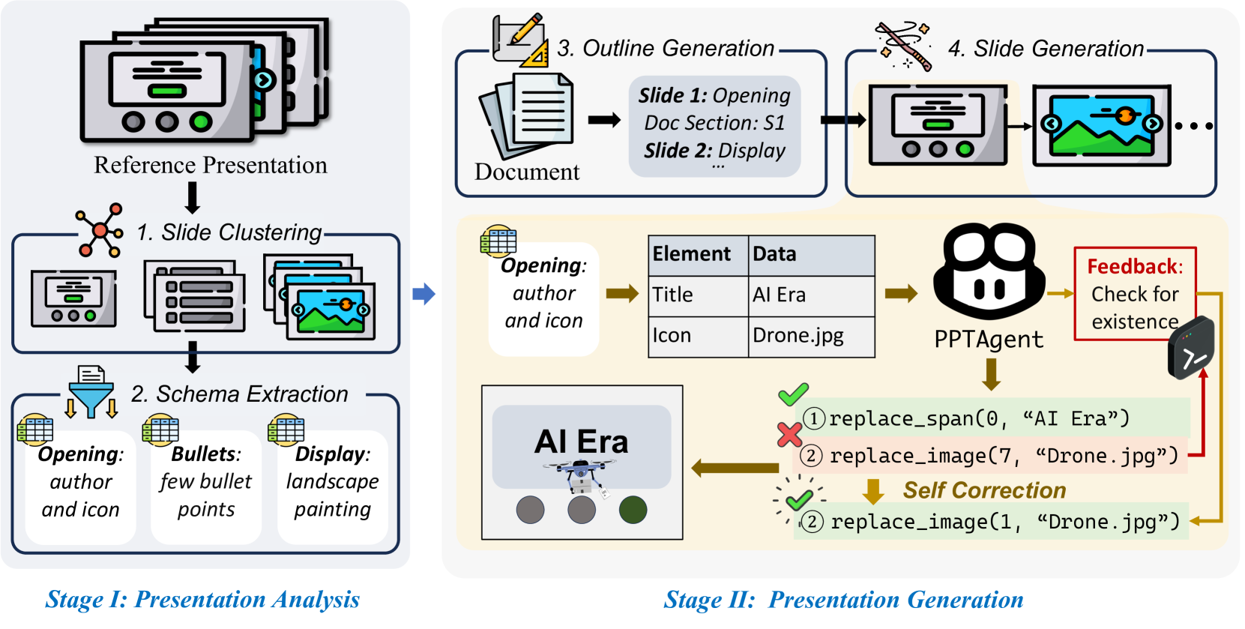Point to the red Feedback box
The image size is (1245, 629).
coord(1135,294)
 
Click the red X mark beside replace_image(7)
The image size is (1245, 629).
coord(790,434)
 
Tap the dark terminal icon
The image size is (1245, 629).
coord(1191,348)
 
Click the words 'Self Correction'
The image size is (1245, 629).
coord(984,490)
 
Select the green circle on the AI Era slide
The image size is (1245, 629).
coord(633,510)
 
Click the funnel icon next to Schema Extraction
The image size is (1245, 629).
coord(91,392)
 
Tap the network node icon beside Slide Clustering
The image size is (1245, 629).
coord(100,229)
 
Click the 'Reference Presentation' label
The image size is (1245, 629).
coord(211,165)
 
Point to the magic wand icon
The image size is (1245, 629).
coord(904,46)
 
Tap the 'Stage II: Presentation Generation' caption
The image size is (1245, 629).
coord(844,600)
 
